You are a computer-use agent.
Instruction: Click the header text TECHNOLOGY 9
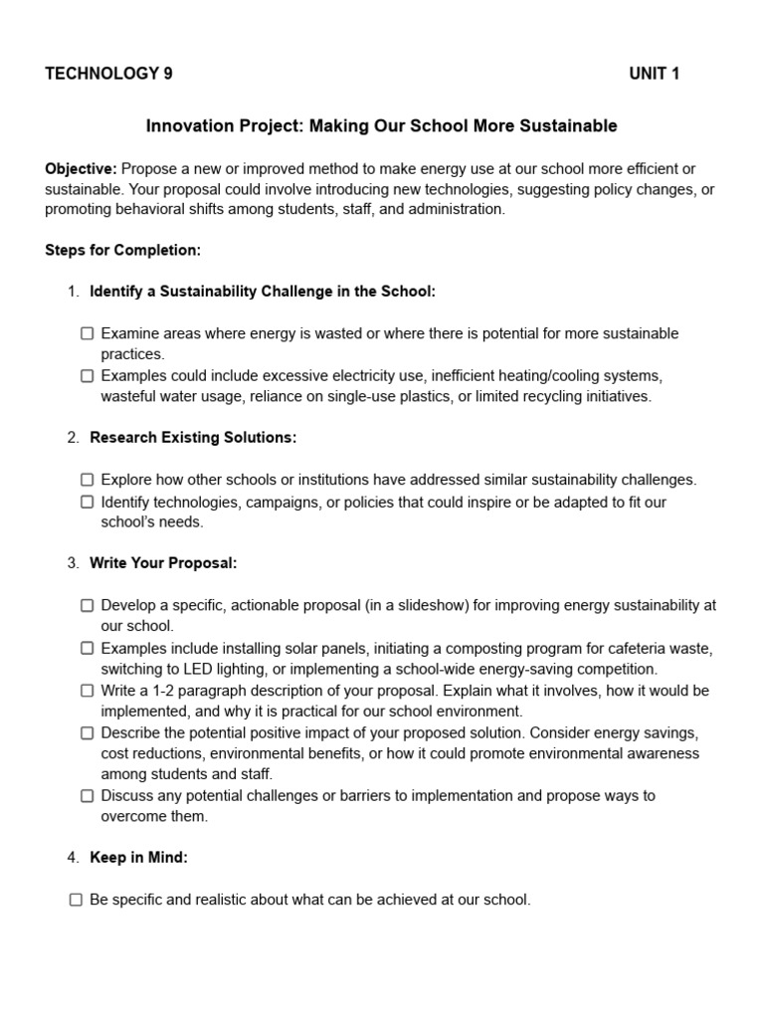coord(108,74)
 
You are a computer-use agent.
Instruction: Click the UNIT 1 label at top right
coord(654,74)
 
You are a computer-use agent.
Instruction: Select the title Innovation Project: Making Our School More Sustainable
coord(381,126)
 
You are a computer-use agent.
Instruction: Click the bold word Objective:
coord(81,168)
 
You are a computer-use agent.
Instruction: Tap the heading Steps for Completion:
coord(122,250)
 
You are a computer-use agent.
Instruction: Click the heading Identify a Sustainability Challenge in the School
coord(263,292)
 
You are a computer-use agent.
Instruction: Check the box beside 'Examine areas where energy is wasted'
coord(88,334)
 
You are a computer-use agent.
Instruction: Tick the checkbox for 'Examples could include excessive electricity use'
coord(88,376)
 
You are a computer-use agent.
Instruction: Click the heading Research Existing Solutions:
coord(193,438)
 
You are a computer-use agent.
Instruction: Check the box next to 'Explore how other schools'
coord(88,481)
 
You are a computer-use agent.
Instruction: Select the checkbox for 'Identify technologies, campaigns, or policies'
coord(88,503)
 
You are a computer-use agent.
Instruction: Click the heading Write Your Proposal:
coord(163,563)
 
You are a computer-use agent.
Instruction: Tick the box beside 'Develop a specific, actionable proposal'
coord(88,606)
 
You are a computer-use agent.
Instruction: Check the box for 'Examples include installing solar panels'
coord(88,649)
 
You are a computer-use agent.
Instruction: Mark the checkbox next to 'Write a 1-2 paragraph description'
coord(88,691)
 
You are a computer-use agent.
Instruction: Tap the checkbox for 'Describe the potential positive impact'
coord(88,733)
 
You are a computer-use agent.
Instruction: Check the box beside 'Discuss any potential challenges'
coord(88,796)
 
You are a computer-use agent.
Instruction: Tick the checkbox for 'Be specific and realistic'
coord(76,901)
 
